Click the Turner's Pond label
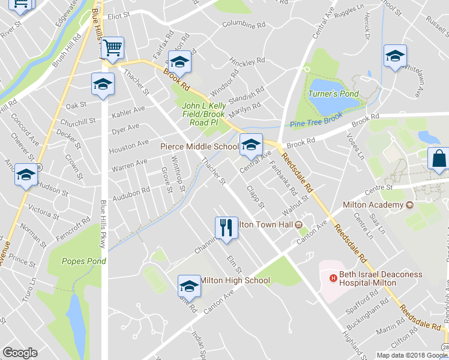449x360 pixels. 333,94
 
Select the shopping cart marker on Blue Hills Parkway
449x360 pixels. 112,48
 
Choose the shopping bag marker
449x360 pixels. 439,159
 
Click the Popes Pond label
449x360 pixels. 85,261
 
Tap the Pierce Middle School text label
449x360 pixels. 199,146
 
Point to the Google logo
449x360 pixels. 20,353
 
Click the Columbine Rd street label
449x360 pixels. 243,25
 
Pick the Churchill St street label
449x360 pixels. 77,121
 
